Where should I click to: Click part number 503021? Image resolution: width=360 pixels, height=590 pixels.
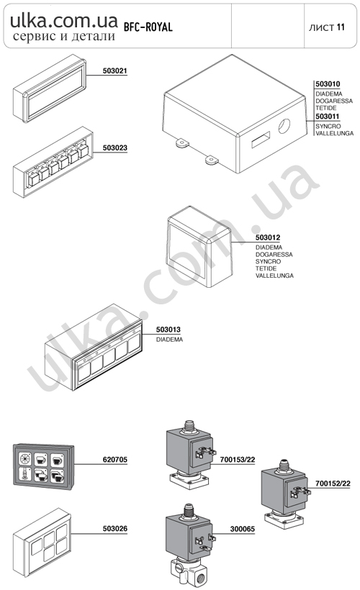pos(115,71)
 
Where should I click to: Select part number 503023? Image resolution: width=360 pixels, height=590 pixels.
pos(115,148)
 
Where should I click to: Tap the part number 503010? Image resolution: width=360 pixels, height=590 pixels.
pos(328,84)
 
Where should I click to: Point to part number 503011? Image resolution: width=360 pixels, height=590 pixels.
pos(328,117)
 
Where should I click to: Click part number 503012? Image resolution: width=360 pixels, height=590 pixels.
pos(268,237)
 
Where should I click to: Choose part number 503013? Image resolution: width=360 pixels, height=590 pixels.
pos(168,330)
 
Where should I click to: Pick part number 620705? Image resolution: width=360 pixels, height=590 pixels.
pos(115,460)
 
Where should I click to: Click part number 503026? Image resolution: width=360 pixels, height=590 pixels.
pos(115,529)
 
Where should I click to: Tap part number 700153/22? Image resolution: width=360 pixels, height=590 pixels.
pos(238,460)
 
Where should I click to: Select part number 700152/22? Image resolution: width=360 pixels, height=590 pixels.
pos(333,484)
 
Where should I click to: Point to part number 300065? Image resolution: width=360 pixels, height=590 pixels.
pos(243,529)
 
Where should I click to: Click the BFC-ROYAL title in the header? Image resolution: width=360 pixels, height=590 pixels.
pos(148,27)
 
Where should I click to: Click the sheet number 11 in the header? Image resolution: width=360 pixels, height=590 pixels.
pos(341,27)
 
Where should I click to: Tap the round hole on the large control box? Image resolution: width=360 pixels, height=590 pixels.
pos(284,126)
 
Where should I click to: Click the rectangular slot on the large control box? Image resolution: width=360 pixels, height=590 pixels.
pos(261,139)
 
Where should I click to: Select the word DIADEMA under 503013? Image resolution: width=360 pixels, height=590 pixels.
pos(169,340)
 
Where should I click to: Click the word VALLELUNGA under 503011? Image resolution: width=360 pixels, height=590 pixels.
pos(334,133)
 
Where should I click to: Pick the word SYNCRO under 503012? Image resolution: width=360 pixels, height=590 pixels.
pos(268,261)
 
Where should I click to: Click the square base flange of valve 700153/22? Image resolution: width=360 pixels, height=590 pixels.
pos(189,481)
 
